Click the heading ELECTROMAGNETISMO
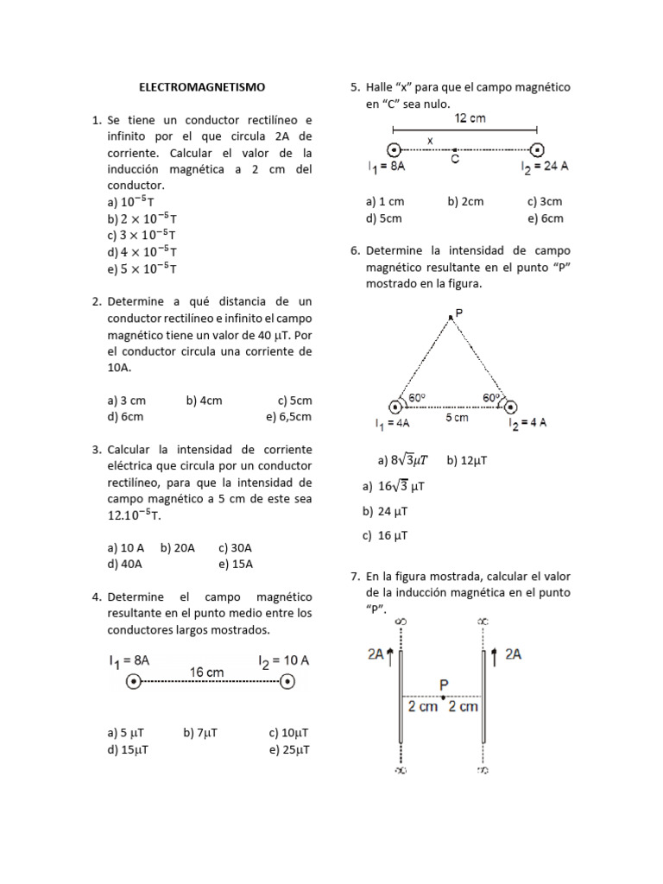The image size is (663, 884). [203, 87]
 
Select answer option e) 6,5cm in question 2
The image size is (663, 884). [288, 417]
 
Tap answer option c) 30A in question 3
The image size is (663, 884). [235, 548]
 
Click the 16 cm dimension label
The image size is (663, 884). [206, 672]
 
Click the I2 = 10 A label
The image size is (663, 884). [283, 660]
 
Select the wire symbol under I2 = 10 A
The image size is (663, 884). [288, 682]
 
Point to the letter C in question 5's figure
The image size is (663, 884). [455, 160]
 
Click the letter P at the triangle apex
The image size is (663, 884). [458, 313]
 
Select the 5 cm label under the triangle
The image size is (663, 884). [457, 418]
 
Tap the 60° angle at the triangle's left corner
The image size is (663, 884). [417, 398]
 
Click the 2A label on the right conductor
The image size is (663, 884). [513, 654]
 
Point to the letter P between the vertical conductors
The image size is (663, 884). [444, 685]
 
